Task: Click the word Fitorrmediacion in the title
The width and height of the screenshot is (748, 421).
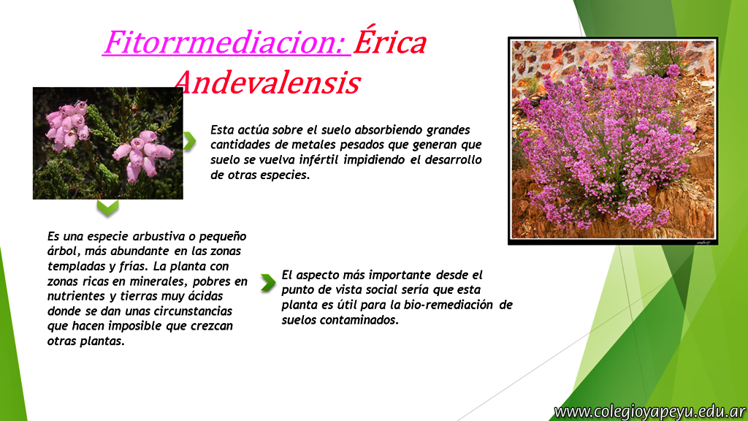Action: (x=225, y=42)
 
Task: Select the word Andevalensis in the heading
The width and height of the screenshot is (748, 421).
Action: (x=267, y=82)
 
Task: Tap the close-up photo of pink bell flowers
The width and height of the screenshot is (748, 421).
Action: (x=108, y=143)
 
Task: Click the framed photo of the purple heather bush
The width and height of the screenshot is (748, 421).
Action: (x=613, y=141)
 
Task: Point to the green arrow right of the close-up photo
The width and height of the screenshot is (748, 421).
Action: (x=190, y=141)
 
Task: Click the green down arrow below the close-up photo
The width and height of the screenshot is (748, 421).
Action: (x=107, y=208)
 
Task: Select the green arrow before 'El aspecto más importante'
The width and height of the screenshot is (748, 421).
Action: (x=268, y=283)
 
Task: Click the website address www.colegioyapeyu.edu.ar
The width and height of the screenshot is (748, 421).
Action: (x=649, y=411)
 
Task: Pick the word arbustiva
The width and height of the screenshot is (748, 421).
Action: (x=159, y=236)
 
